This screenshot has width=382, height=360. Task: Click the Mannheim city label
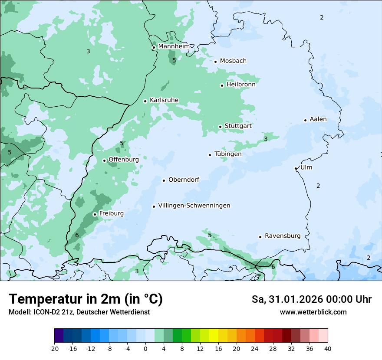pyautogui.click(x=174, y=46)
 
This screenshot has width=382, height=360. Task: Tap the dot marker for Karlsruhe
pyautogui.click(x=145, y=101)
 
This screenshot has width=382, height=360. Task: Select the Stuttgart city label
pyautogui.click(x=238, y=126)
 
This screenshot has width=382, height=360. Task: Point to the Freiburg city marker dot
pyautogui.click(x=95, y=214)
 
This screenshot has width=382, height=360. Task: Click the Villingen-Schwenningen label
pyautogui.click(x=194, y=206)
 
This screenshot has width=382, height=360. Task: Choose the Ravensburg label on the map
pyautogui.click(x=283, y=236)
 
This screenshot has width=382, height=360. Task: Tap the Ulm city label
pyautogui.click(x=306, y=167)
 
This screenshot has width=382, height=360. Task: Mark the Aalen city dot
pyautogui.click(x=305, y=120)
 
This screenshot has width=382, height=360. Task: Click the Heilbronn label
pyautogui.click(x=241, y=85)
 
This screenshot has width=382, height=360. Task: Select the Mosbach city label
pyautogui.click(x=233, y=61)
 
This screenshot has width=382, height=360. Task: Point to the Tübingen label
pyautogui.click(x=228, y=154)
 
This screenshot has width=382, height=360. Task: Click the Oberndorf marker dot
pyautogui.click(x=164, y=180)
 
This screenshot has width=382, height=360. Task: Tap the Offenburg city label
pyautogui.click(x=124, y=159)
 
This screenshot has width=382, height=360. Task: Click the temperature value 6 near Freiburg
pyautogui.click(x=77, y=235)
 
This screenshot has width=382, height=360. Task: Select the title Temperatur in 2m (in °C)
pyautogui.click(x=86, y=299)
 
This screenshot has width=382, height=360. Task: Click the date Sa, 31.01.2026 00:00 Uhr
pyautogui.click(x=311, y=299)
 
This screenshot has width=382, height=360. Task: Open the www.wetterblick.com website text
pyautogui.click(x=313, y=312)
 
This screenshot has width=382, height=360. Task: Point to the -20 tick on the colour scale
pyautogui.click(x=54, y=348)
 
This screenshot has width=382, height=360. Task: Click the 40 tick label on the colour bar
pyautogui.click(x=328, y=348)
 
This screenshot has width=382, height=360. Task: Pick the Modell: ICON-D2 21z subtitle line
pyautogui.click(x=79, y=312)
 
